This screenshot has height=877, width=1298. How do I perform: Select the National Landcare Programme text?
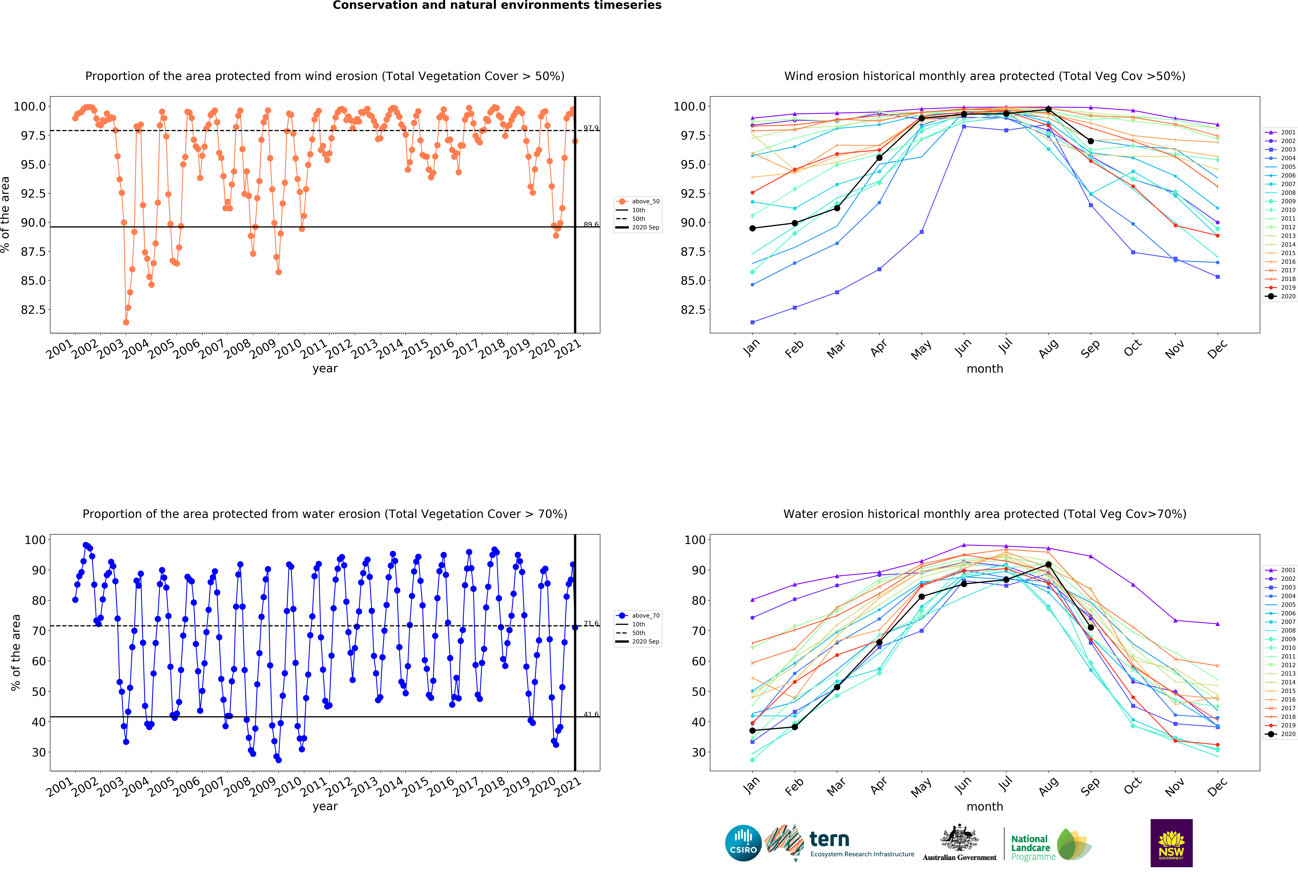click(1031, 847)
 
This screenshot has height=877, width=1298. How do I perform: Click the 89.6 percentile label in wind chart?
click(591, 224)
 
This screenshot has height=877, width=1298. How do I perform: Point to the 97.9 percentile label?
click(591, 128)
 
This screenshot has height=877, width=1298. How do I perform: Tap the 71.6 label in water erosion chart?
click(591, 624)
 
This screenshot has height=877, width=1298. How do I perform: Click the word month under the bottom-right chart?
click(985, 807)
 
